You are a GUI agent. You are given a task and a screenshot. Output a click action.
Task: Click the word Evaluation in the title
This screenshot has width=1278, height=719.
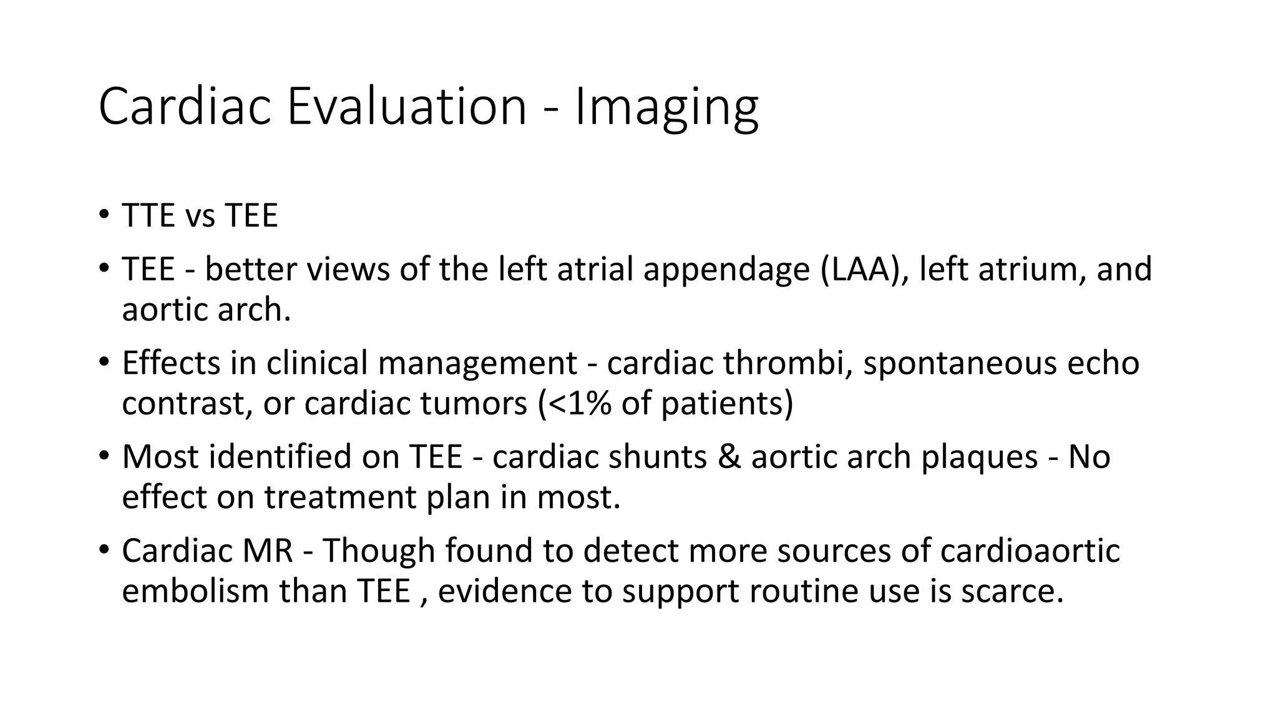(406, 107)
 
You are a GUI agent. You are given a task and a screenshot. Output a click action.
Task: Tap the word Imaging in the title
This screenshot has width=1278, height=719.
(666, 107)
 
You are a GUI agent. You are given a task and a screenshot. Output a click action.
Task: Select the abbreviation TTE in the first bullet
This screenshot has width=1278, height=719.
(149, 216)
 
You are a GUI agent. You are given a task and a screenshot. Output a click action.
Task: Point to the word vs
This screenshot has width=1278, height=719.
(200, 216)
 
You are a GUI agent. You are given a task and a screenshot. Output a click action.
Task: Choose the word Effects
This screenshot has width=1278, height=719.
(171, 363)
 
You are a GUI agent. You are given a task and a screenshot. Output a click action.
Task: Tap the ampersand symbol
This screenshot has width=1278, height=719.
(729, 457)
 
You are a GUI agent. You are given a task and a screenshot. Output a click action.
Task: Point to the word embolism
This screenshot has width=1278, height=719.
(195, 591)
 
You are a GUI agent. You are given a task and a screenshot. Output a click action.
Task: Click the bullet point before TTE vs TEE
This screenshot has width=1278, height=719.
(103, 215)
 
